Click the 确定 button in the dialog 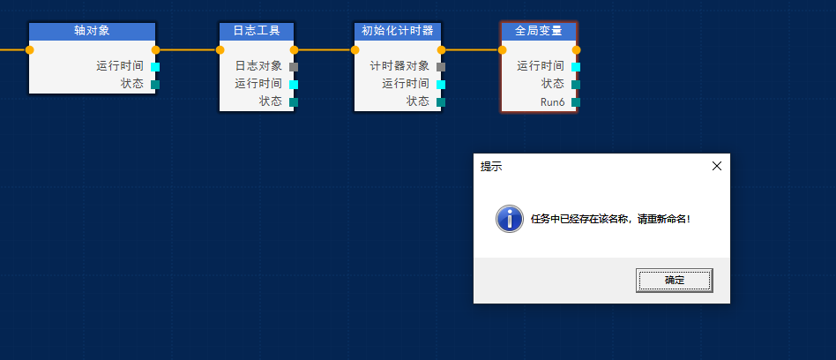pyautogui.click(x=674, y=281)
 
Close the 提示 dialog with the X pyautogui.click(x=717, y=166)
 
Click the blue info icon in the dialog pyautogui.click(x=509, y=219)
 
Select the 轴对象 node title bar pyautogui.click(x=93, y=31)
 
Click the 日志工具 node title pyautogui.click(x=257, y=31)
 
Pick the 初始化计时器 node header pyautogui.click(x=398, y=31)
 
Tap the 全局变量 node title pyautogui.click(x=539, y=31)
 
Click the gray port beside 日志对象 pyautogui.click(x=294, y=67)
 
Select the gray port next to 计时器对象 pyautogui.click(x=441, y=67)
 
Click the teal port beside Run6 pyautogui.click(x=576, y=102)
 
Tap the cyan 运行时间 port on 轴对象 pyautogui.click(x=155, y=67)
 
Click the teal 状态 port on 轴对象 pyautogui.click(x=155, y=85)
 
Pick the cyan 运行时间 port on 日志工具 pyautogui.click(x=294, y=85)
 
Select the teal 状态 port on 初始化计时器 pyautogui.click(x=441, y=102)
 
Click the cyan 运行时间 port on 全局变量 pyautogui.click(x=576, y=67)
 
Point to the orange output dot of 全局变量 pyautogui.click(x=577, y=50)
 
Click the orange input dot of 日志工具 pyautogui.click(x=220, y=50)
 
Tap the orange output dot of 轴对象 pyautogui.click(x=156, y=50)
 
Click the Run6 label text pyautogui.click(x=552, y=102)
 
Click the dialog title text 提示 pyautogui.click(x=491, y=167)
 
